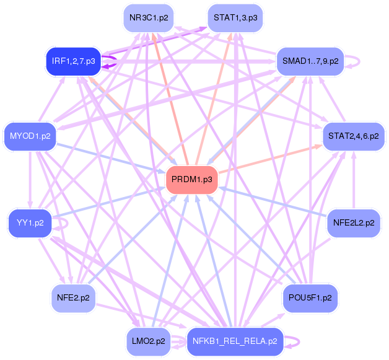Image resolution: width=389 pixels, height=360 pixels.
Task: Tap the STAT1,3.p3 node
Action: pos(235,18)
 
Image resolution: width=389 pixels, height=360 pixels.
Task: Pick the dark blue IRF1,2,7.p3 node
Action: pos(73,61)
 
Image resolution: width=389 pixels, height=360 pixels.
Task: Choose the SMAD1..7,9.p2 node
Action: pos(310,61)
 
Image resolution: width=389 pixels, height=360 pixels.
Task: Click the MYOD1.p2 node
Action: pos(30,135)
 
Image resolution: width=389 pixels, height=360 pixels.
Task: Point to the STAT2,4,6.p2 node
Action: pos(353,135)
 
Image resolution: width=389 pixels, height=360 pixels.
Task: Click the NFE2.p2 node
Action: pos(73,297)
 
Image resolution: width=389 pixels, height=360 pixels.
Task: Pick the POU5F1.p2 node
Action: pos(310,297)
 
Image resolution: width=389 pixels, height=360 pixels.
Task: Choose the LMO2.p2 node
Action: pos(148,341)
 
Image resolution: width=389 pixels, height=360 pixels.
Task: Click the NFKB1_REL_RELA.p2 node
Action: pos(235,341)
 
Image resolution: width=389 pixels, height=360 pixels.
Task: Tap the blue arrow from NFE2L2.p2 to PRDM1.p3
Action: pos(273,201)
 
